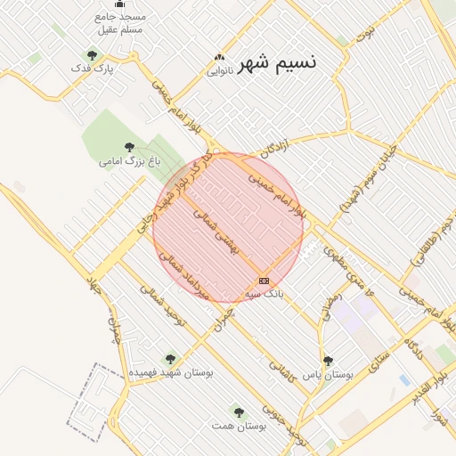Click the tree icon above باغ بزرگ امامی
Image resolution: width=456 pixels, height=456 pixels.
tap(130, 148)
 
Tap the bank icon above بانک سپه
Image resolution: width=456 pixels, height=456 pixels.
tap(264, 281)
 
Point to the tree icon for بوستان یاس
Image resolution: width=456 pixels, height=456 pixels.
tap(329, 361)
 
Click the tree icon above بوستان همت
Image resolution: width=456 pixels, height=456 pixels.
tap(238, 411)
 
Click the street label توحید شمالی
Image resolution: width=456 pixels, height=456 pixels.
tap(160, 313)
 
